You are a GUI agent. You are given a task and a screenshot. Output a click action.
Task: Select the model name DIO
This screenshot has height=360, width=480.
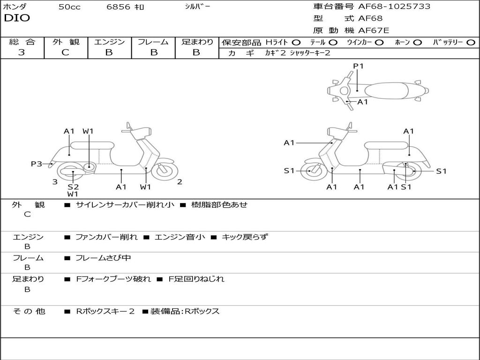point(17,18)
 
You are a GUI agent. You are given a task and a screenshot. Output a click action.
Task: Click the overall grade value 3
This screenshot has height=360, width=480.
point(22,52)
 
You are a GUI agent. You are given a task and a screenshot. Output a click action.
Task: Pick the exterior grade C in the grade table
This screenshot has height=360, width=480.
point(66,52)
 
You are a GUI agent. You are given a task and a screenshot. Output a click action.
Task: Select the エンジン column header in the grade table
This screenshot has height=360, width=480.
point(109,42)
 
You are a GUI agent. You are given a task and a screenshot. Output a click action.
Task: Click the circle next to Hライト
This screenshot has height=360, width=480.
point(296,42)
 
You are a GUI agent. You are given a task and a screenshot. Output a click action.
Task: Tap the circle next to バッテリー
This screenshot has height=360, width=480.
point(471,42)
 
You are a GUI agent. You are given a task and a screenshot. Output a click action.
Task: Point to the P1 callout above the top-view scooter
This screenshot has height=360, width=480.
point(358,66)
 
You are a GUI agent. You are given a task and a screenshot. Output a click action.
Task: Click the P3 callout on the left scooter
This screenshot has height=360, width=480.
point(37,164)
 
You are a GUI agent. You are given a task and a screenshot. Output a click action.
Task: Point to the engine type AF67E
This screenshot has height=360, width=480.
point(374,30)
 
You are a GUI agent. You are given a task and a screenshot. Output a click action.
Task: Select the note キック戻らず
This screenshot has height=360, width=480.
point(245,237)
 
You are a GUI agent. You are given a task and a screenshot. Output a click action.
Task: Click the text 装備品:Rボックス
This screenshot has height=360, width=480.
point(185,311)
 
